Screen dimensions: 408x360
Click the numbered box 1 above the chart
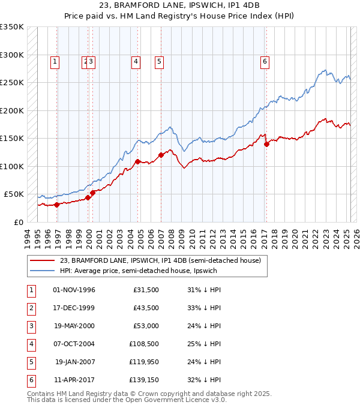(x=55, y=61)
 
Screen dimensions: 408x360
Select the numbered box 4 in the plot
(x=137, y=61)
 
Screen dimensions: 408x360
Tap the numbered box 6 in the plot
(x=265, y=61)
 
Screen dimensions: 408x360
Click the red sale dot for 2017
(x=266, y=144)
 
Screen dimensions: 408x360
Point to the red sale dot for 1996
(x=57, y=205)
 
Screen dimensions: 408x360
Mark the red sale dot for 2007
(x=161, y=155)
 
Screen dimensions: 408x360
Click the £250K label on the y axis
(x=12, y=83)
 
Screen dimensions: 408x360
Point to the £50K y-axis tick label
(x=14, y=194)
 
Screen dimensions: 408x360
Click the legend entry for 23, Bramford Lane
(x=160, y=260)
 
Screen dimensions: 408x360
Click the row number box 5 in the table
(x=30, y=362)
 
